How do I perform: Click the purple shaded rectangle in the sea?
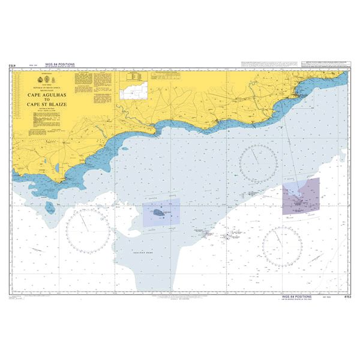point(301,196)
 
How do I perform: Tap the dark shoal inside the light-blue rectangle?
point(158,213)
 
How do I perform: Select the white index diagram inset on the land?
point(133,92)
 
